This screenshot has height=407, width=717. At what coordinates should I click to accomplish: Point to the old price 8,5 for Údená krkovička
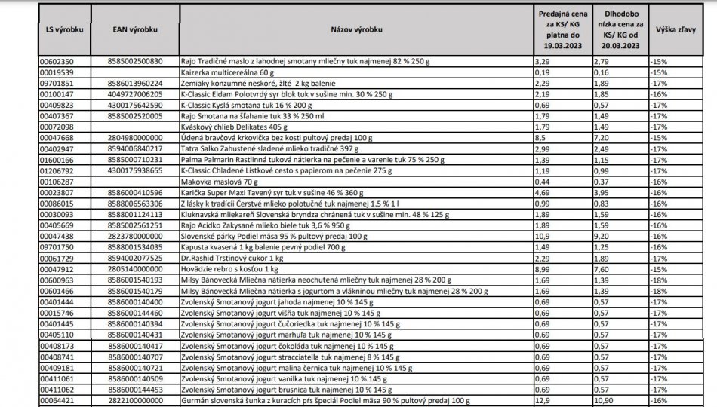(543, 138)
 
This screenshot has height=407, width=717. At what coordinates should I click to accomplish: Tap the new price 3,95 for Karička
(600, 192)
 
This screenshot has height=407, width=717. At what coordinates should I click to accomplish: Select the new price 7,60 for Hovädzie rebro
(602, 269)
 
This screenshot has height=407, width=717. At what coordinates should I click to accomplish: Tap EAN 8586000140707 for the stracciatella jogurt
(135, 357)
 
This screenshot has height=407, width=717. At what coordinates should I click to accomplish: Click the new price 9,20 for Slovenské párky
(602, 236)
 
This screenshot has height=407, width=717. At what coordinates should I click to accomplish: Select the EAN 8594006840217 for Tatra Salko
(135, 148)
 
